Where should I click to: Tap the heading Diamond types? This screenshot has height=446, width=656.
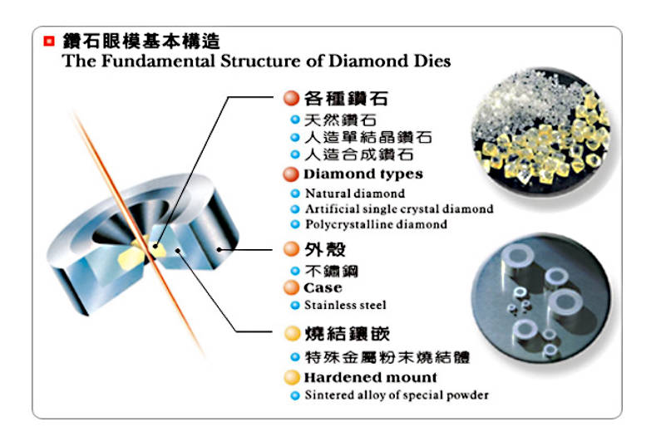(x=363, y=174)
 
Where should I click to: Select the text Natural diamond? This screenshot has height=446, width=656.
(x=355, y=194)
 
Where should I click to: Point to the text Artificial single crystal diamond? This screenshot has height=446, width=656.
(x=398, y=209)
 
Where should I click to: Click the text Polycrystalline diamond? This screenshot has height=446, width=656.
(x=376, y=224)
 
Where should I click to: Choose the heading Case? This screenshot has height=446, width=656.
(x=323, y=288)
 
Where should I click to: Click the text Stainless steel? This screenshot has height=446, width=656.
(x=345, y=305)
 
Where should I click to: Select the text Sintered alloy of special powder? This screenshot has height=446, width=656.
(x=396, y=395)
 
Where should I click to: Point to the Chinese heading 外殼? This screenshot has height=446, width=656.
(x=320, y=250)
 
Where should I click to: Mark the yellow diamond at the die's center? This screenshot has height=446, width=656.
(x=157, y=247)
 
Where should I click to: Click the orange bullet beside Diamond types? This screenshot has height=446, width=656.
(x=289, y=175)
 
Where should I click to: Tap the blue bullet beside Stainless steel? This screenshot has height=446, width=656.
(x=294, y=306)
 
